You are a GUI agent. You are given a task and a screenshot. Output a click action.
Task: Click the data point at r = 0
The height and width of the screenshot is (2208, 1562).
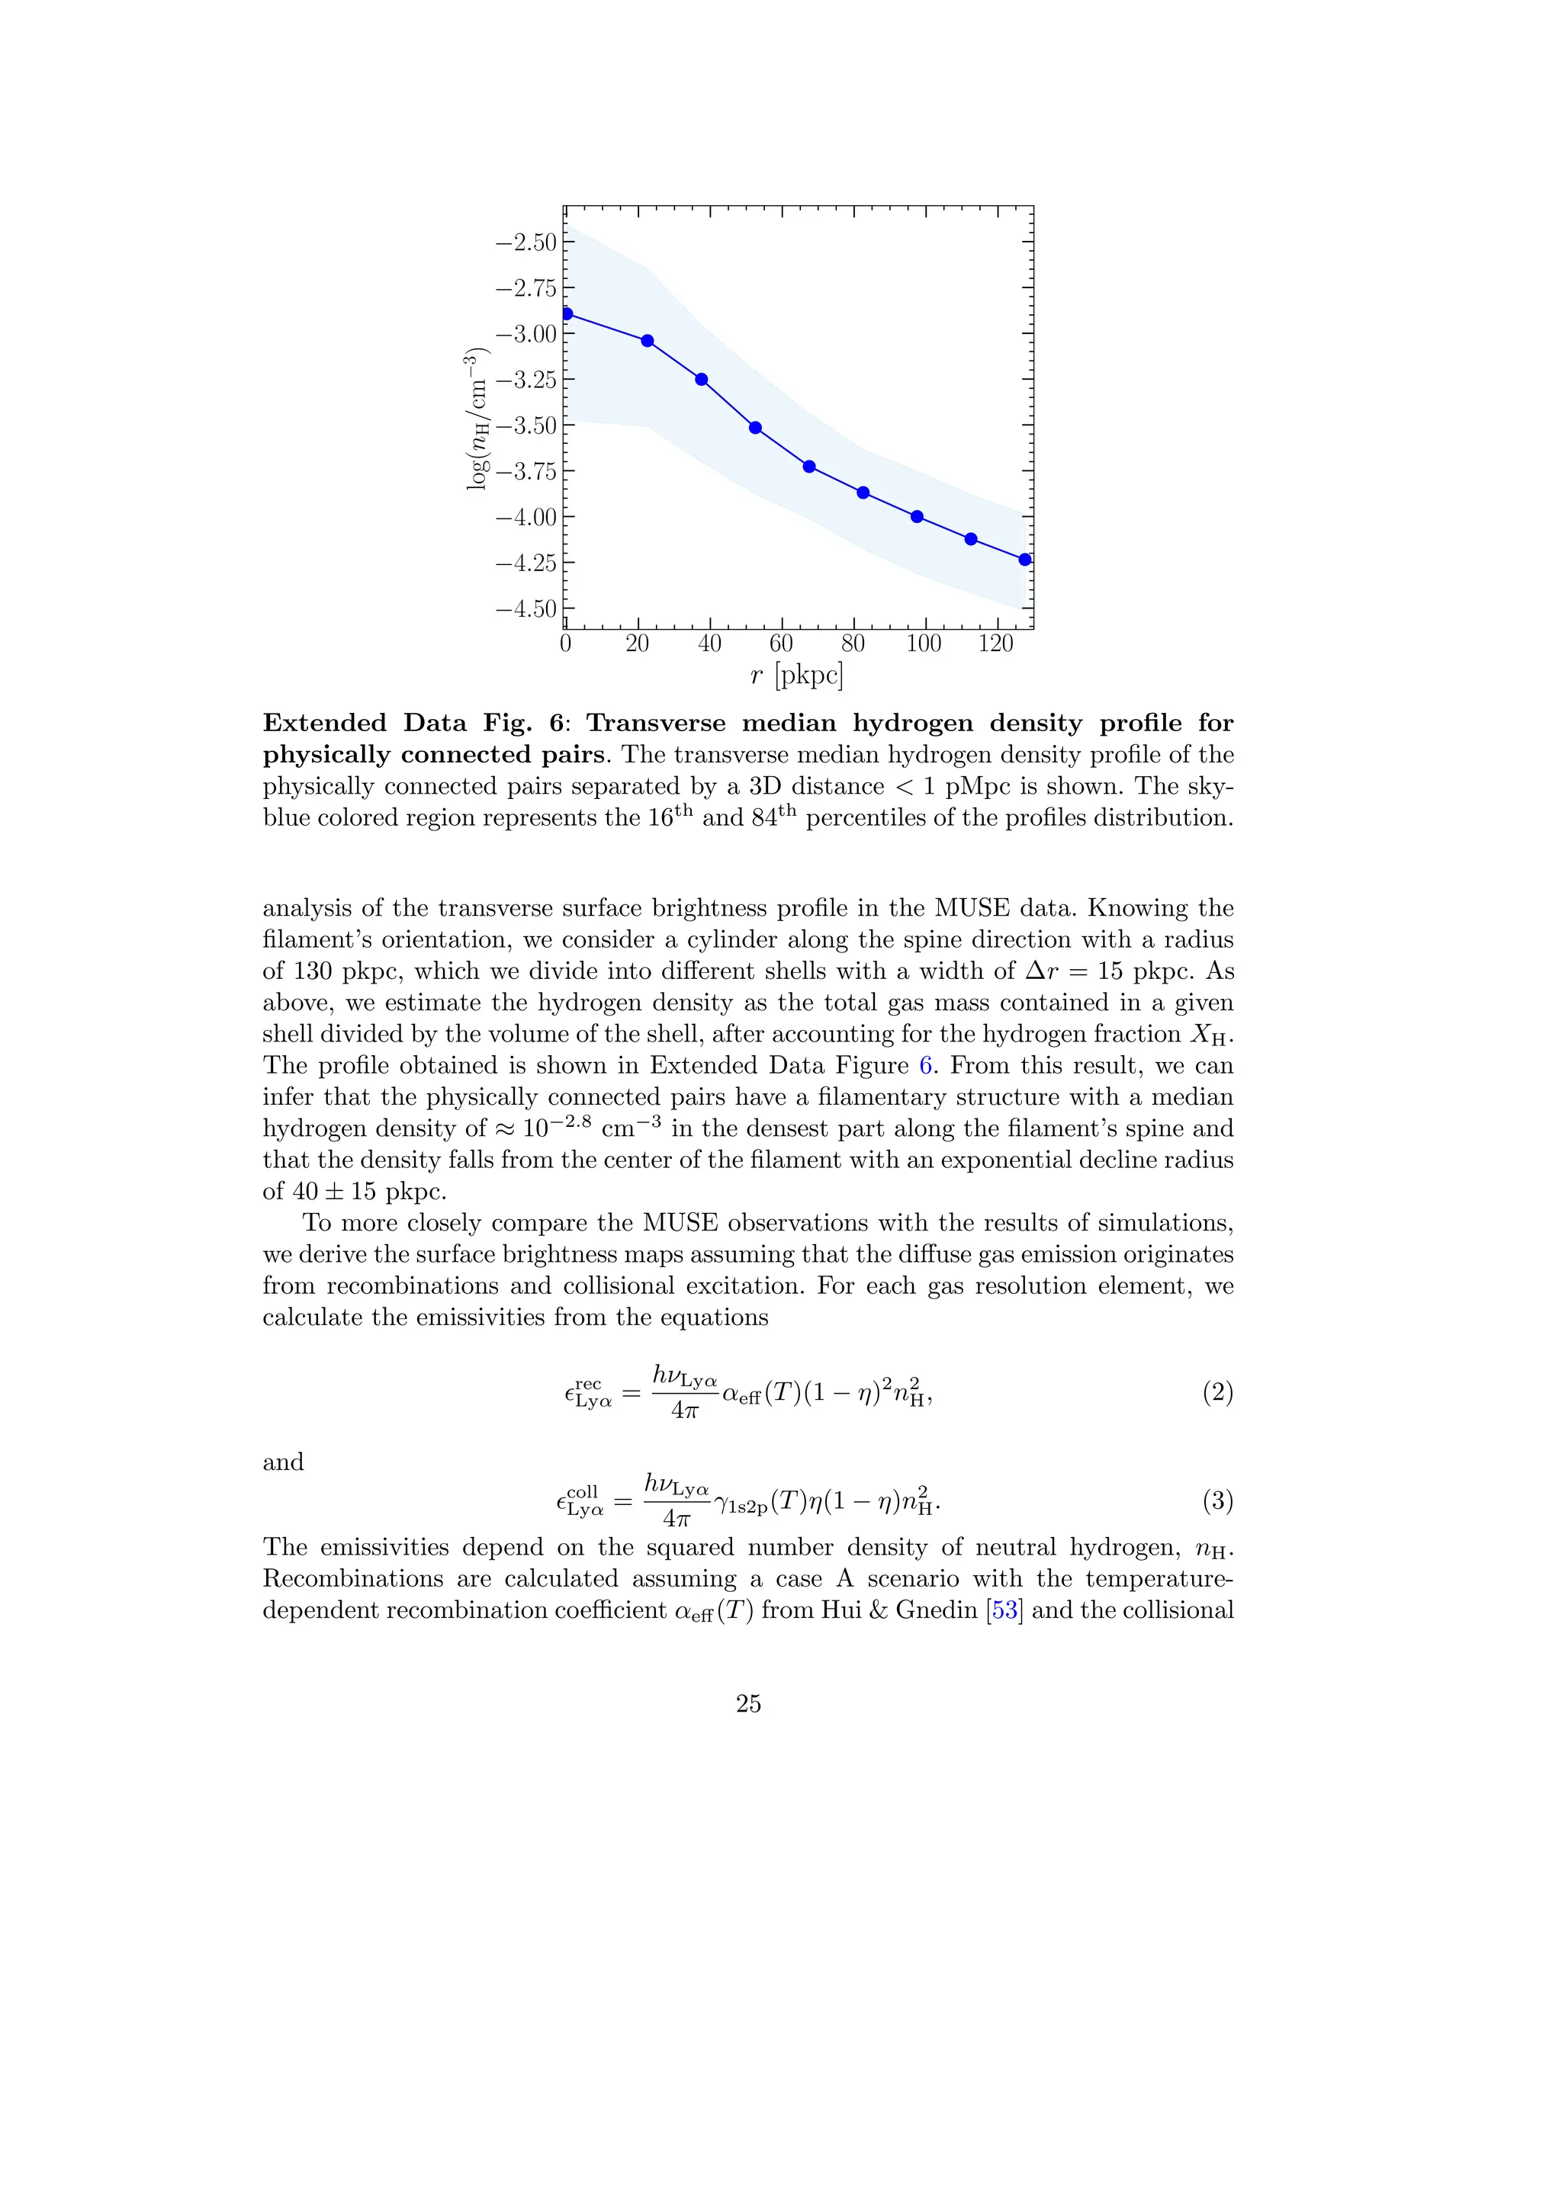coord(567,313)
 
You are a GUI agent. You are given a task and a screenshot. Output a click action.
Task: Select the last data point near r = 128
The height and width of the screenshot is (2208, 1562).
coord(1024,560)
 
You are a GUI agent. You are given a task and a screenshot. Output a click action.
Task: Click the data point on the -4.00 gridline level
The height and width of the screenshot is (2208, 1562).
coord(917,516)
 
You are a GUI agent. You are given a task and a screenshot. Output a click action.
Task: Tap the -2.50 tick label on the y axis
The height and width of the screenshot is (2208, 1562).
coord(525,242)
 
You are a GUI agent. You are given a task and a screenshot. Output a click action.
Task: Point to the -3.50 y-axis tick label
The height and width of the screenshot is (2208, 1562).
coord(525,425)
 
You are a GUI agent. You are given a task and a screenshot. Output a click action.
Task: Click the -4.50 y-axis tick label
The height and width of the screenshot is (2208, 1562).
coord(525,608)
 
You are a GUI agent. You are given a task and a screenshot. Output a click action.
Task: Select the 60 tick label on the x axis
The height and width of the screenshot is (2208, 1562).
coord(781,643)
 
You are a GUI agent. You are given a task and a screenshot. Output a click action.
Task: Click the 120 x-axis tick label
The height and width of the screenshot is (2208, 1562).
coord(995,643)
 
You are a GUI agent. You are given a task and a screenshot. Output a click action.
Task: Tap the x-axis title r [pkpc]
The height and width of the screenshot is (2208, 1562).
coord(796,676)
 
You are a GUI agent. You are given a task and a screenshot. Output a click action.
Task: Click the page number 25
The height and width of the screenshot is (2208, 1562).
coord(748,1703)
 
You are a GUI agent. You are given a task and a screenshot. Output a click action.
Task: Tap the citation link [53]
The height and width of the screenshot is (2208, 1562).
coord(1004,1609)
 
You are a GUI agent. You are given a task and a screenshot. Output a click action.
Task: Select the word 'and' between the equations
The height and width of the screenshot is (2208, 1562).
coord(283,1462)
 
